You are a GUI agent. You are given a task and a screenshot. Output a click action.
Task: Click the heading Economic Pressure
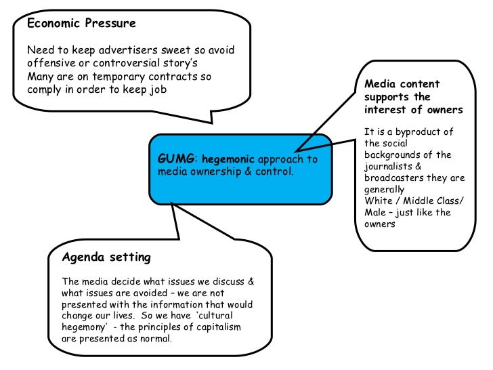pos(81,23)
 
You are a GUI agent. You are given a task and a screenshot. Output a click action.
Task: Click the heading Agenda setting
pos(106,258)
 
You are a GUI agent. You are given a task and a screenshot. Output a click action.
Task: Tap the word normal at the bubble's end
pos(158,339)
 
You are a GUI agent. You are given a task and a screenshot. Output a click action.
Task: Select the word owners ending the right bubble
pos(379,224)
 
